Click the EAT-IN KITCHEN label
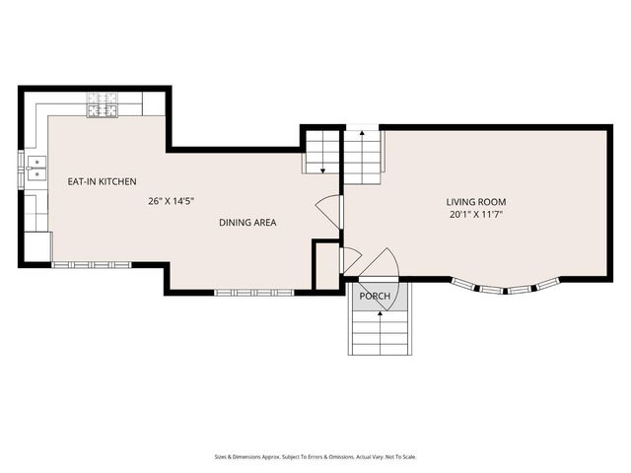[102, 181]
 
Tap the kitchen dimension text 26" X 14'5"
[171, 201]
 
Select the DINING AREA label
[247, 223]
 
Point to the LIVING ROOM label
[475, 201]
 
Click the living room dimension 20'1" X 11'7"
[475, 214]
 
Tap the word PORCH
[374, 297]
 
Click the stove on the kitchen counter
[103, 104]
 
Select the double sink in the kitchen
[36, 169]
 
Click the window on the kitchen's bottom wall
[92, 264]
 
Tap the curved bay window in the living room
[506, 288]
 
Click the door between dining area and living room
[329, 211]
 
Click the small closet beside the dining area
[325, 264]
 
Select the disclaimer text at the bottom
[315, 456]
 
